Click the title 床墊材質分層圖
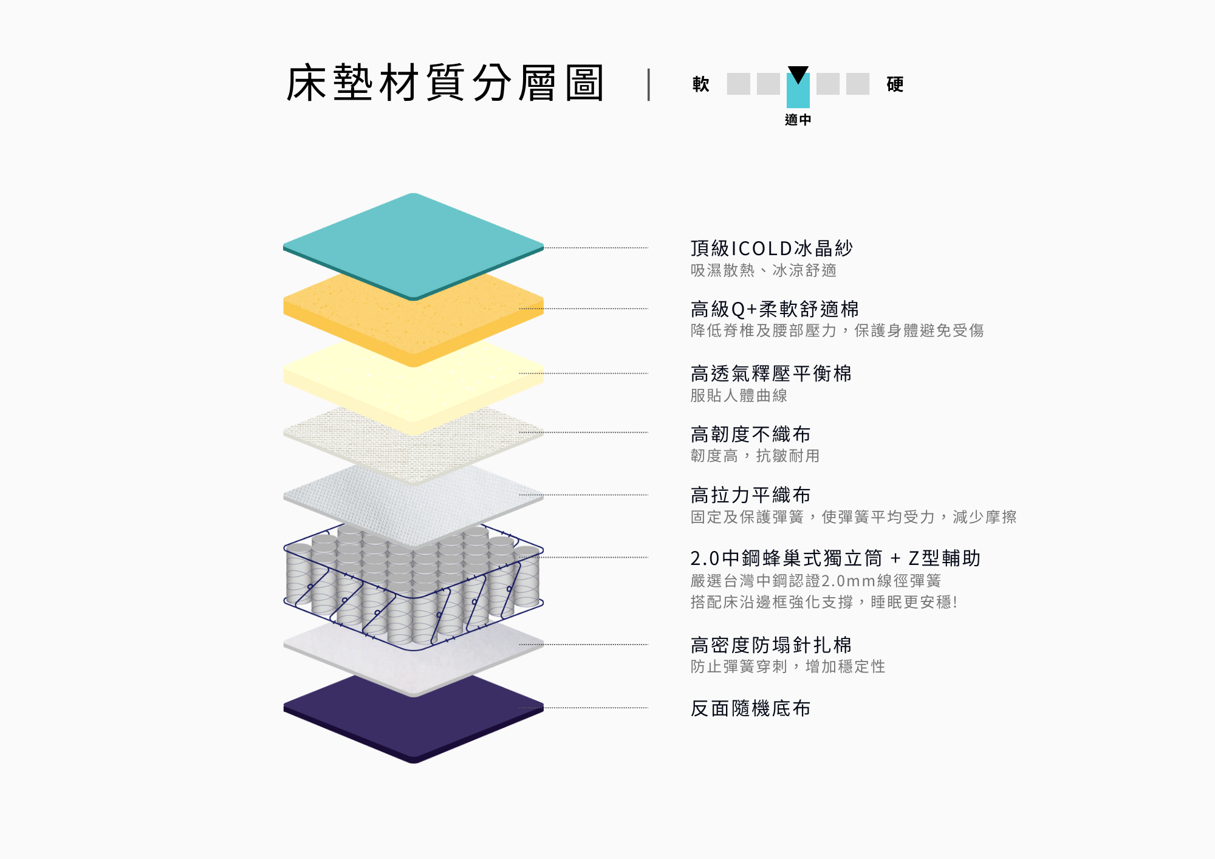tap(445, 83)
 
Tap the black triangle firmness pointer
tap(798, 74)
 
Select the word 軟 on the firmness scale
tap(701, 84)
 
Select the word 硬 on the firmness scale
tap(895, 84)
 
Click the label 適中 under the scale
tap(798, 120)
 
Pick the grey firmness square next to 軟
tap(739, 84)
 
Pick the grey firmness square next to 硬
tap(858, 84)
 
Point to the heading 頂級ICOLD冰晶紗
tap(772, 248)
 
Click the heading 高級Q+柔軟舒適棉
tap(775, 309)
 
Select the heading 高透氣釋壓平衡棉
tap(771, 373)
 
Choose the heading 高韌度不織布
tap(750, 434)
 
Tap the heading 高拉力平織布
tap(750, 495)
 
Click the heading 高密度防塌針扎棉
tap(771, 645)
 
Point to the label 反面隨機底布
tap(750, 708)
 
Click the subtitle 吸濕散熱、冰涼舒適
tap(764, 270)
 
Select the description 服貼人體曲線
tap(739, 395)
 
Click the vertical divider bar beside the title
tap(649, 84)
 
